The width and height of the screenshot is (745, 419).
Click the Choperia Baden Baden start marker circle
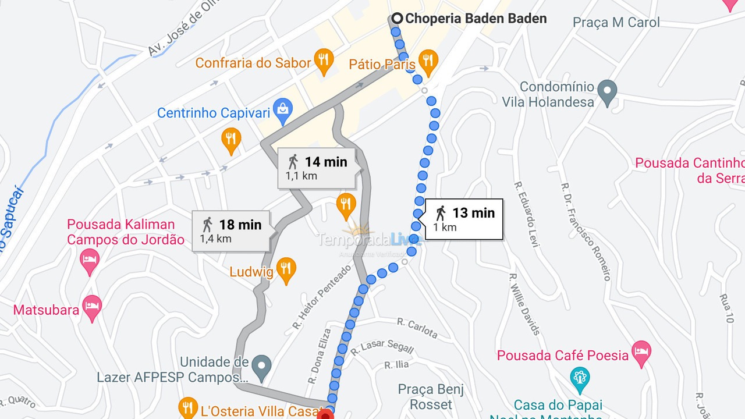[397, 19]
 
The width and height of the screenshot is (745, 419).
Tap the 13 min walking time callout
[464, 219]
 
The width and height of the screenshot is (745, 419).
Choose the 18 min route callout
[231, 230]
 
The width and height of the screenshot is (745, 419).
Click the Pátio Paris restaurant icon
[428, 62]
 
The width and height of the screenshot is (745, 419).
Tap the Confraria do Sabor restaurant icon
[323, 61]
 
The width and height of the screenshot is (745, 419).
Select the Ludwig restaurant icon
[285, 269]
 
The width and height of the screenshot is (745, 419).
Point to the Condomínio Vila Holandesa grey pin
[607, 92]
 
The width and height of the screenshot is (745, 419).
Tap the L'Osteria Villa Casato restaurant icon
[188, 407]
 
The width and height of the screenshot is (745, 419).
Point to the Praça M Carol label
[616, 23]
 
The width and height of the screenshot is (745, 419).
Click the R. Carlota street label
[417, 328]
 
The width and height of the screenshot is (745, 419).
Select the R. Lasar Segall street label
[382, 347]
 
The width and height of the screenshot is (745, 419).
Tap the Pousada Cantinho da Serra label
[690, 171]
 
